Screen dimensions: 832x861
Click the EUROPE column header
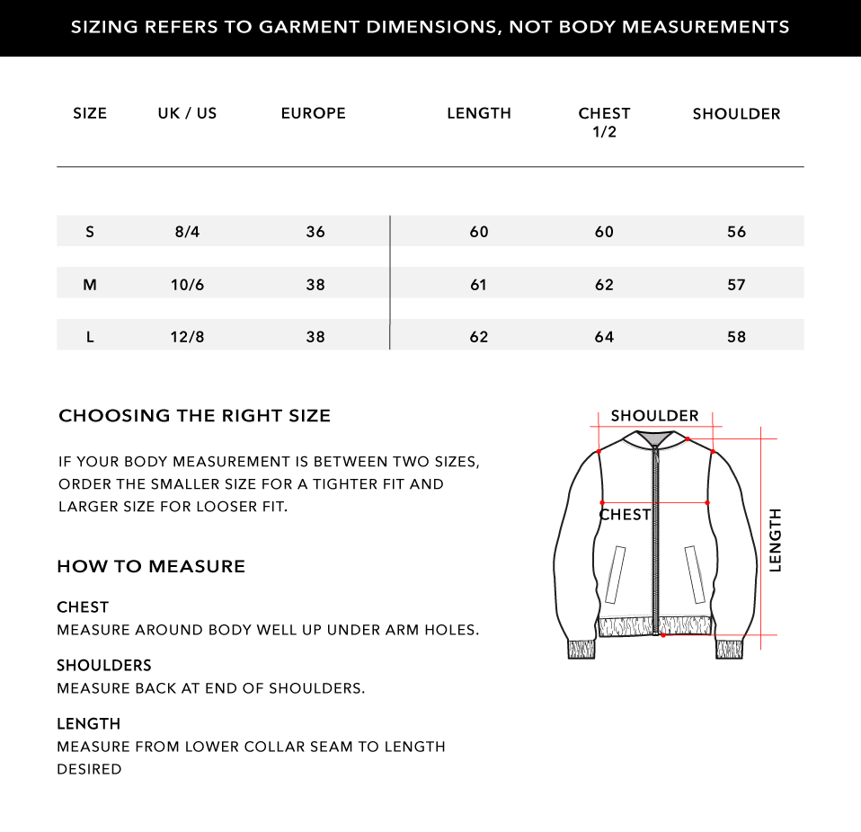313,113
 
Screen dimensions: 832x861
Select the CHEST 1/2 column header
604,122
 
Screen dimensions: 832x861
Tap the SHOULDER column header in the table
736,114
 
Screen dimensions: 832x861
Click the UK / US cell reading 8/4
187,232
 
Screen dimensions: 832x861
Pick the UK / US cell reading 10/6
187,285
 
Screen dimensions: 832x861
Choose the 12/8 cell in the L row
187,337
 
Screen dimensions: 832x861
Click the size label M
90,285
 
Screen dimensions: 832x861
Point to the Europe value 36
315,232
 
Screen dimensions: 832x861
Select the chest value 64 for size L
604,337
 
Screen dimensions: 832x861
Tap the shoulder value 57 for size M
736,285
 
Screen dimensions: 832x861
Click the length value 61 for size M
478,285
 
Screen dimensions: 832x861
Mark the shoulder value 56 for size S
736,232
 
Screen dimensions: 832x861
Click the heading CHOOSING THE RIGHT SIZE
194,416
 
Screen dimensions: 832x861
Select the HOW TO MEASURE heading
151,567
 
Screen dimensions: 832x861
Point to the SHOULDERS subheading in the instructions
104,666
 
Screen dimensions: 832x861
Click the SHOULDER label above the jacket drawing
654,416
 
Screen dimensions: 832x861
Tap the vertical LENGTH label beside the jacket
775,539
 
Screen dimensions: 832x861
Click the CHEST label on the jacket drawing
625,515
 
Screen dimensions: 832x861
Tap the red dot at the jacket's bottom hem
663,635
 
